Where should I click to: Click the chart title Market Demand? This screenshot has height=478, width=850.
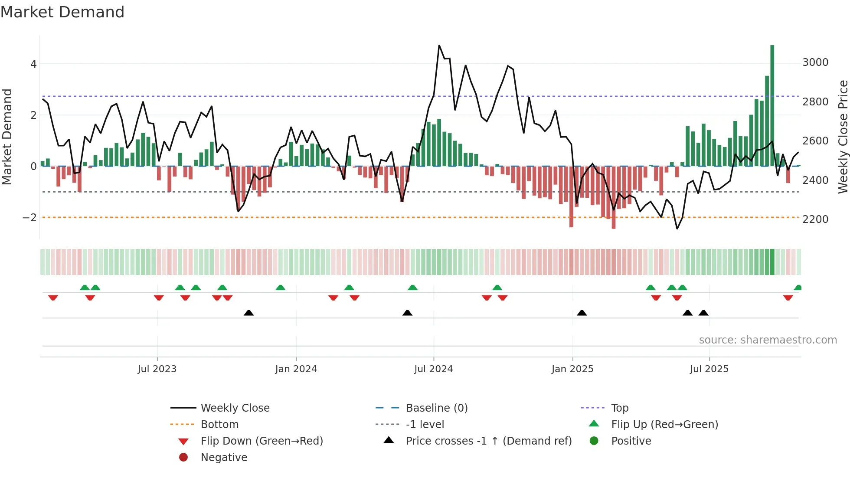point(62,12)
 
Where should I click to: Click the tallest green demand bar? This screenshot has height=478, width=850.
point(772,104)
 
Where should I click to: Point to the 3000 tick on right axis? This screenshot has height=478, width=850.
point(815,62)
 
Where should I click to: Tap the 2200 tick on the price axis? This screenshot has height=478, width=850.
point(815,219)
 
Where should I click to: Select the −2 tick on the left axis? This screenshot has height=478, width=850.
point(29,217)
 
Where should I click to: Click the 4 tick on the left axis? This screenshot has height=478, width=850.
point(33,64)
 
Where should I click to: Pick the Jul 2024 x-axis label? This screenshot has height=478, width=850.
point(433,369)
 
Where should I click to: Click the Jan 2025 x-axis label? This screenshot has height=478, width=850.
point(572,369)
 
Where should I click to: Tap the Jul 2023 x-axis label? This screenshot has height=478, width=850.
point(157,369)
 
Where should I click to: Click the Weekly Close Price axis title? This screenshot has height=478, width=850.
point(843,137)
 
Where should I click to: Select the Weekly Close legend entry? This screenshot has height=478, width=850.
point(235,408)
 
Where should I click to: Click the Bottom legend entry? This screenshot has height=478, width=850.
point(219,424)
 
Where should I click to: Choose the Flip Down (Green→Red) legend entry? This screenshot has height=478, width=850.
point(262,441)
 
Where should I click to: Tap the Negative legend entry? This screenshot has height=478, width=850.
point(224,457)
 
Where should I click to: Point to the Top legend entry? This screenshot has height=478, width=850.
point(619,408)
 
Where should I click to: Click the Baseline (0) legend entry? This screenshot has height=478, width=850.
point(436,408)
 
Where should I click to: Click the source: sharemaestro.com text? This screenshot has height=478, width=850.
point(768,340)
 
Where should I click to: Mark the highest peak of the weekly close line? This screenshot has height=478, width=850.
point(439,45)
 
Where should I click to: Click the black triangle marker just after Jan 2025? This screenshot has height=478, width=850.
point(582,313)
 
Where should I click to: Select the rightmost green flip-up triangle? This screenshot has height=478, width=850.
point(798,288)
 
